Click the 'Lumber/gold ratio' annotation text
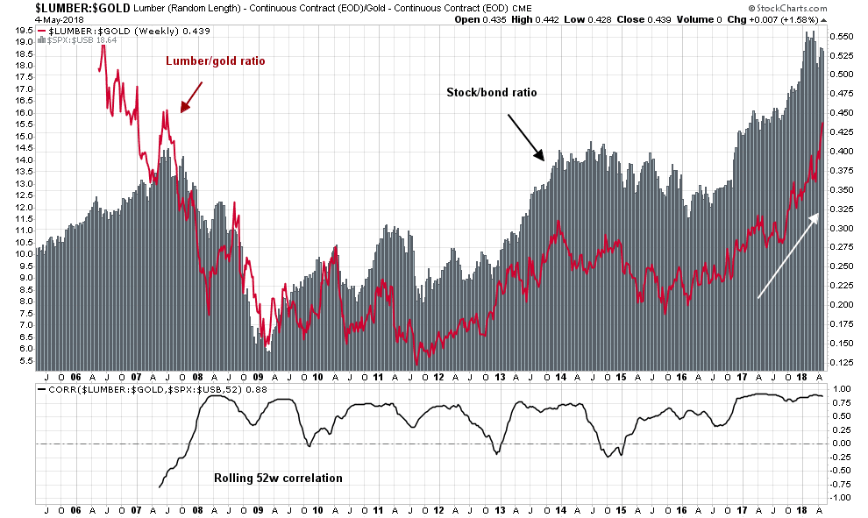point(216,61)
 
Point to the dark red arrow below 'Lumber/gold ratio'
point(191,96)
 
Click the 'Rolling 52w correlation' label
point(278,478)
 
